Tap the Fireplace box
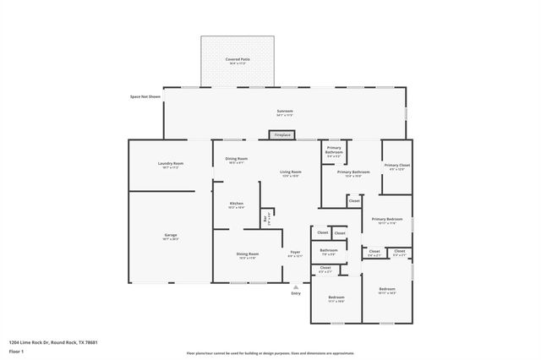(x=281, y=135)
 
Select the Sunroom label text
(x=285, y=112)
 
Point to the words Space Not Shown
(x=145, y=97)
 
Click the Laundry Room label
(x=170, y=165)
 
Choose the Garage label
(x=170, y=237)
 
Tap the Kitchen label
(x=237, y=205)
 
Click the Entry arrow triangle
(x=296, y=287)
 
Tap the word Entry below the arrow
(x=296, y=293)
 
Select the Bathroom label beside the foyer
(x=328, y=251)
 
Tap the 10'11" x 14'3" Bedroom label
(x=387, y=291)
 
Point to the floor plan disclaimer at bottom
(x=271, y=353)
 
